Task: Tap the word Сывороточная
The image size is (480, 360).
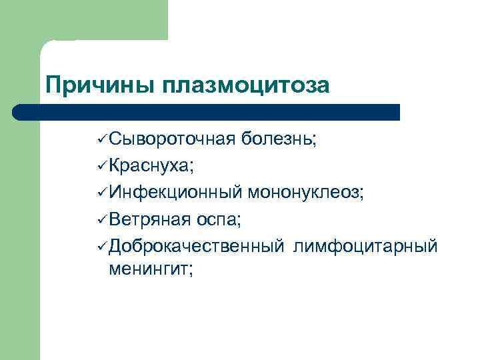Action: pyautogui.click(x=172, y=139)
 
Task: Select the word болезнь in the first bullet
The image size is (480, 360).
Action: pyautogui.click(x=279, y=139)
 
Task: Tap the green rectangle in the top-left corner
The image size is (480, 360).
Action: pyautogui.click(x=83, y=20)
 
